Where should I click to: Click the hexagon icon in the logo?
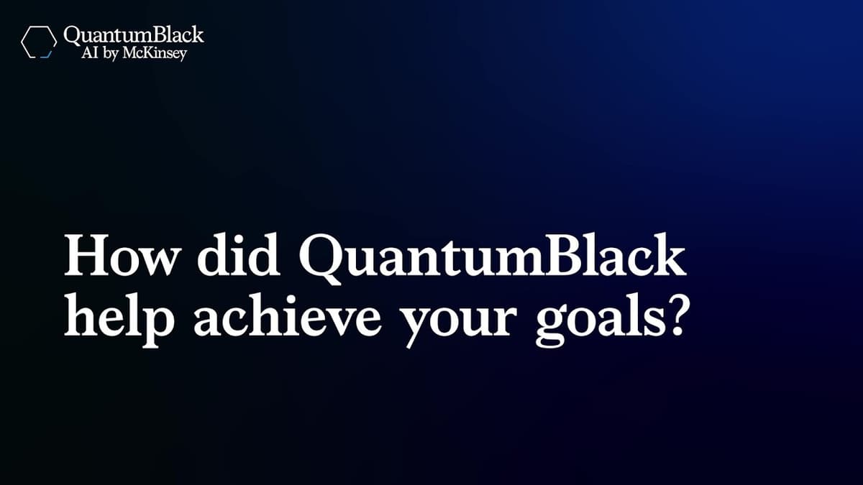(39, 42)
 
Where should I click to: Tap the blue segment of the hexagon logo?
(47, 55)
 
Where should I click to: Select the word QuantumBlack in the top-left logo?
(134, 35)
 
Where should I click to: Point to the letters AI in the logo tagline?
(91, 52)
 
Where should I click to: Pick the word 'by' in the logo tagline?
(113, 53)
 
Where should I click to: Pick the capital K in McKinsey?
(152, 52)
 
